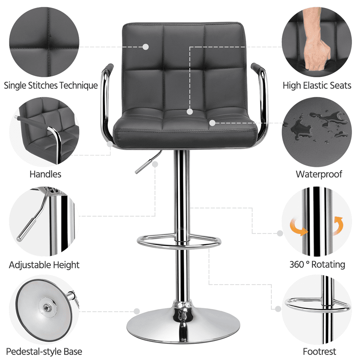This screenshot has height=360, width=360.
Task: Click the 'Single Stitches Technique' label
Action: (51, 86)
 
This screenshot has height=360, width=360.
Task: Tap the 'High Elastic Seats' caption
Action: (317, 86)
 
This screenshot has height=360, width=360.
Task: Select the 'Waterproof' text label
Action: (319, 174)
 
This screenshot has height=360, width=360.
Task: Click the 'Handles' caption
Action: (45, 174)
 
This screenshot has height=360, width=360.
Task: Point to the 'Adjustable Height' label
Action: (44, 265)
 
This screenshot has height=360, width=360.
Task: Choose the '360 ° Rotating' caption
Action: (317, 265)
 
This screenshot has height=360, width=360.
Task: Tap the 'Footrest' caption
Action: (319, 351)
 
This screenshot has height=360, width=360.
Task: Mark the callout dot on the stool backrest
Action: (146, 47)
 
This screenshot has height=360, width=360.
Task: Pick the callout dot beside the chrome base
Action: (136, 311)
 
